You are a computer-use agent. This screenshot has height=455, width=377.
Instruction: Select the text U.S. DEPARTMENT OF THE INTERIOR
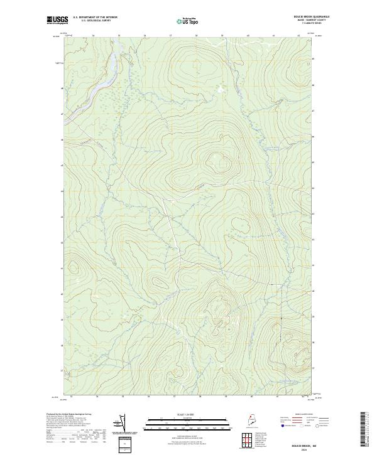tap(95, 18)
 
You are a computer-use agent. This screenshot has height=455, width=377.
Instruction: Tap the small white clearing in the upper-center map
tap(219, 90)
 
